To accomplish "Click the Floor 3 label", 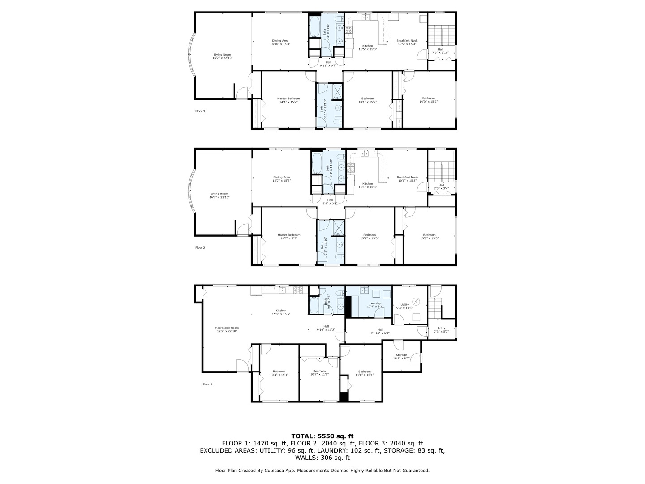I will [x=200, y=111].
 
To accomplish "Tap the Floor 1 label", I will [x=207, y=384].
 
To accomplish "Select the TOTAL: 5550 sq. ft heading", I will [x=322, y=436].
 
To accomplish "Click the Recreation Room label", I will [x=227, y=329].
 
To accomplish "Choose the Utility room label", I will [x=404, y=306].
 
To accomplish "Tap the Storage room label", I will [x=401, y=356].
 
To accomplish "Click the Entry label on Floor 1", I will [x=441, y=329].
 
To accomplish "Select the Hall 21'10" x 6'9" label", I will [x=380, y=331].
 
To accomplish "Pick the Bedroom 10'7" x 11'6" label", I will [x=319, y=372].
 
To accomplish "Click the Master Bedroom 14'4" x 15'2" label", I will [x=288, y=100].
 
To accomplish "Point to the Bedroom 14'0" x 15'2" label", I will [x=428, y=100].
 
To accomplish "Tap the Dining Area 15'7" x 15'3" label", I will [x=281, y=178].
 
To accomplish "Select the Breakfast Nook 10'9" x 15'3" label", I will [x=407, y=42].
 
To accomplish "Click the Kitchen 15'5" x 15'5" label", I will [x=281, y=312].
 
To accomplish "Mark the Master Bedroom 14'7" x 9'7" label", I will [x=288, y=237].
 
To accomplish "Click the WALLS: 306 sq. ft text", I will [x=322, y=458].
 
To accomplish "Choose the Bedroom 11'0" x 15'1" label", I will [x=364, y=373].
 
